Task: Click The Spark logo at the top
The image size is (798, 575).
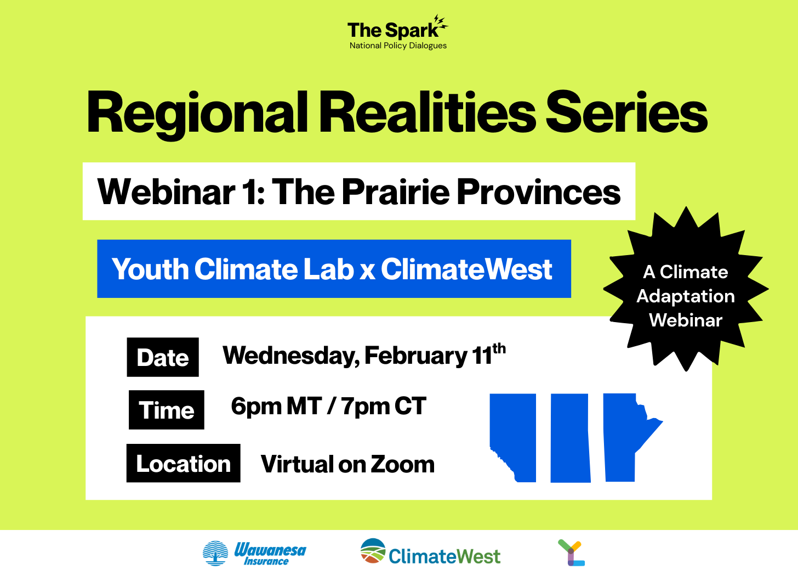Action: (x=397, y=32)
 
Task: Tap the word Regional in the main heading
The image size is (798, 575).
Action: (x=197, y=114)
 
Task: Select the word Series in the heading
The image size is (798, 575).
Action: (x=626, y=112)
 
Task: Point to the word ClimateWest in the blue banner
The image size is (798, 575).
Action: (x=467, y=269)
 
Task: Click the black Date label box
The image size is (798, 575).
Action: (x=163, y=357)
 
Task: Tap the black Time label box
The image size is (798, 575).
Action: (x=167, y=410)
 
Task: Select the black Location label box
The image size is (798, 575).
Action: (x=184, y=464)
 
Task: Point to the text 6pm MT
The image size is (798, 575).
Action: (x=276, y=406)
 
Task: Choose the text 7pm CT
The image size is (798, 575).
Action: (x=384, y=406)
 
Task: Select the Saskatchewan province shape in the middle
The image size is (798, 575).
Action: (x=570, y=438)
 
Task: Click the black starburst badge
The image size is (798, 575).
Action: (x=686, y=289)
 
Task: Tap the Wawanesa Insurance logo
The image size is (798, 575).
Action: (x=254, y=553)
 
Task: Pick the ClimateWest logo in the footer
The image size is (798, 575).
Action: (x=430, y=552)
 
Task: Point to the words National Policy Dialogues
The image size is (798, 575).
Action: (x=398, y=46)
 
